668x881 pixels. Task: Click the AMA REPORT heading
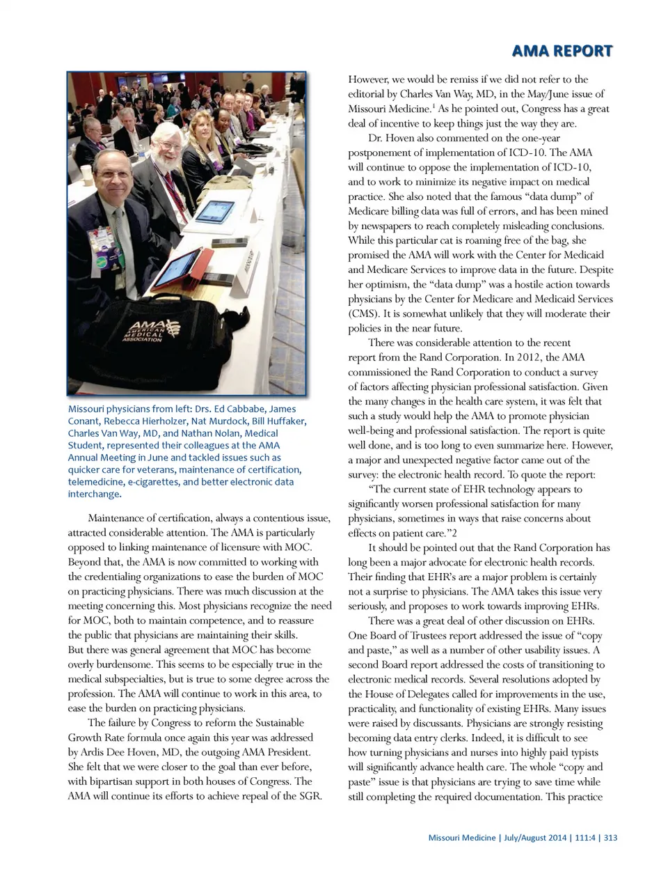(x=562, y=51)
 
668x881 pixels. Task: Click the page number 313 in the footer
(x=610, y=838)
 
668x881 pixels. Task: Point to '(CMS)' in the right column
(x=364, y=313)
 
